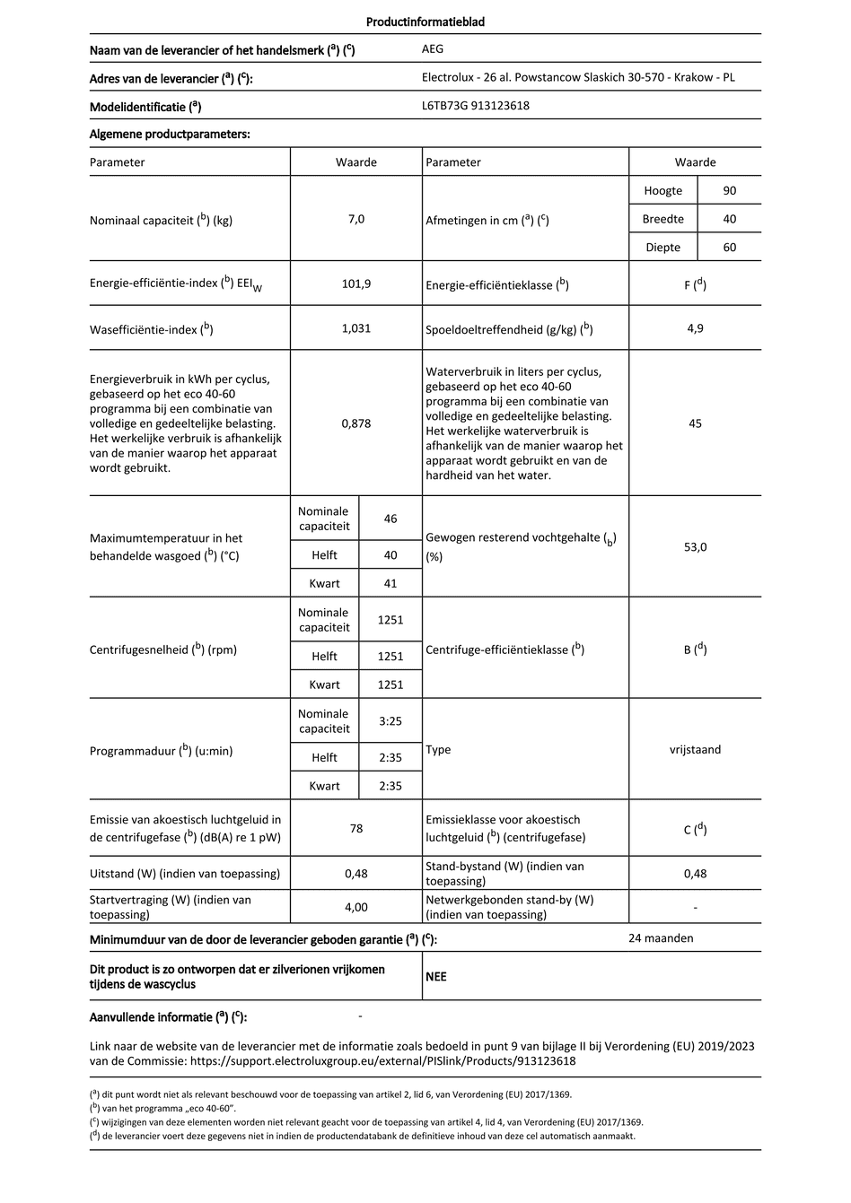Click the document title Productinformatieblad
coord(425,22)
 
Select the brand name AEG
coord(433,49)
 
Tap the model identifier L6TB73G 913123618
coord(475,106)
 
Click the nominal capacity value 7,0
coord(356,219)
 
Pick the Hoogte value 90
coord(729,191)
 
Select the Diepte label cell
coord(662,248)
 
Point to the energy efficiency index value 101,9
coord(356,283)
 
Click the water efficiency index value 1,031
coord(356,328)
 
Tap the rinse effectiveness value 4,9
coord(695,328)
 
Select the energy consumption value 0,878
coord(356,423)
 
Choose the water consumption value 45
coord(695,423)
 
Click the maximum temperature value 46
coord(390,519)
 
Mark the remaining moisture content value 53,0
coord(695,546)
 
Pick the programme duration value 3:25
coord(390,721)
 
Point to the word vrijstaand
coord(695,749)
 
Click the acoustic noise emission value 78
coord(356,828)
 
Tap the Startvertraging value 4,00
coord(356,907)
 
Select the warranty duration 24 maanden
coord(661,938)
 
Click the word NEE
coord(436,977)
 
